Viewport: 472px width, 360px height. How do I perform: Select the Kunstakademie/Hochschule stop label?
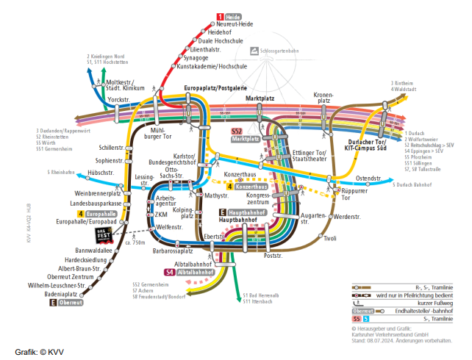coord(212,66)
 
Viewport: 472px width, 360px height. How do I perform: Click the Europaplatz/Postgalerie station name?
coord(213,88)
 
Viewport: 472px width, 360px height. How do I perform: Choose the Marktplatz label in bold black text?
coord(260,98)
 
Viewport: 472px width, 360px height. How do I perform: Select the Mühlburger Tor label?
coord(157,133)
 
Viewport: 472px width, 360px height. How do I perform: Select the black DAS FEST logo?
coord(104,235)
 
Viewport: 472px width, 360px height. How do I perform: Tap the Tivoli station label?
coord(329,238)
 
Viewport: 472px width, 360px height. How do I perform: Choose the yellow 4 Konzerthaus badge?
coord(246,187)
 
